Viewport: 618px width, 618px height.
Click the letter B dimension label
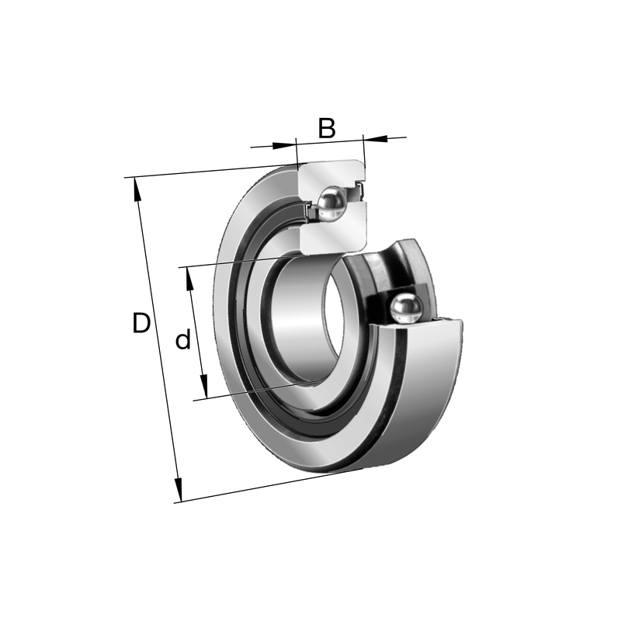pyautogui.click(x=327, y=128)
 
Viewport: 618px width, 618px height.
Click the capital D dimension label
pyautogui.click(x=141, y=323)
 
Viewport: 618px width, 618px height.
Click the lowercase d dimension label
pyautogui.click(x=183, y=339)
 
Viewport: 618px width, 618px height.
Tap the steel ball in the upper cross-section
pyautogui.click(x=332, y=203)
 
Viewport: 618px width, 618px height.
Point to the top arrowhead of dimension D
pyautogui.click(x=137, y=189)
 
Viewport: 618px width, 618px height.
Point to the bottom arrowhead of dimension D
pyautogui.click(x=179, y=490)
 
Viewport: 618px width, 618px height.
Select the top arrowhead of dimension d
pyautogui.click(x=189, y=279)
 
